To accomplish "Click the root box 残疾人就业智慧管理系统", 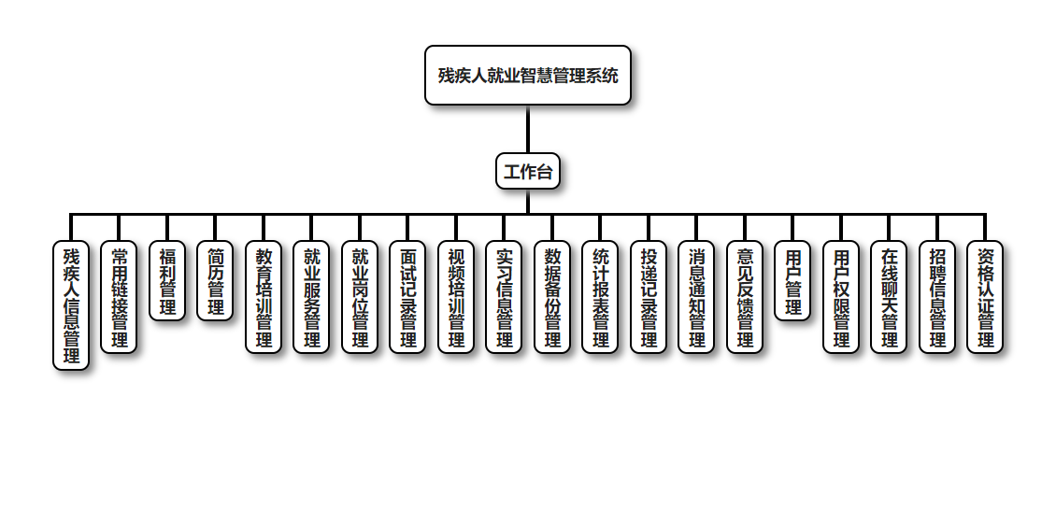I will click(x=528, y=76).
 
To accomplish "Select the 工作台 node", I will click(x=528, y=171).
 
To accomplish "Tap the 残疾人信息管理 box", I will click(x=71, y=305).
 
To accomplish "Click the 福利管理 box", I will click(x=167, y=281).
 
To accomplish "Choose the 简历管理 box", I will click(x=215, y=281).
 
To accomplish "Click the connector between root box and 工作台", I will click(x=528, y=129).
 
